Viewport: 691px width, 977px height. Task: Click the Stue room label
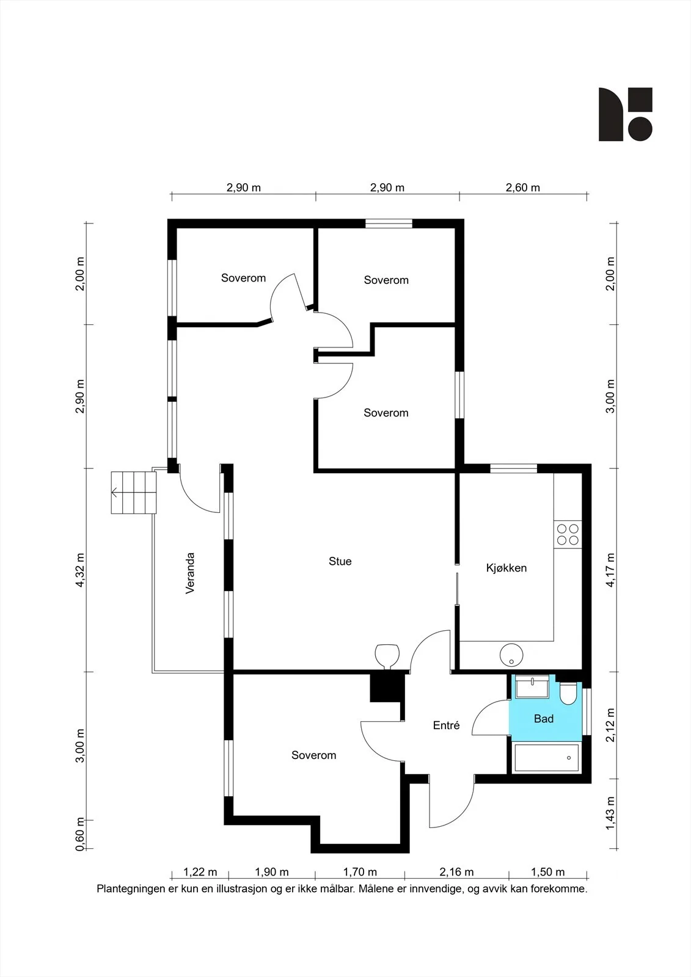pos(340,561)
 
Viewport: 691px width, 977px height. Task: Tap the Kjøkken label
pos(506,568)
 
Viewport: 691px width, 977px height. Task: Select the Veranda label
pos(190,573)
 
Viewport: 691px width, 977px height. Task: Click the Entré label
pos(446,725)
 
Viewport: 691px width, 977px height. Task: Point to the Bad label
pos(544,719)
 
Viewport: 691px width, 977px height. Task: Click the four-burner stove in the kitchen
pos(568,535)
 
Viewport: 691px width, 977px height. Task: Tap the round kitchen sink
pos(511,656)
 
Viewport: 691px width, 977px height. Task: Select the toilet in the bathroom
pos(568,694)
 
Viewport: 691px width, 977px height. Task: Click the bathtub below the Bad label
pos(547,758)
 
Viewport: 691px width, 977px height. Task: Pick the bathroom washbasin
pos(532,686)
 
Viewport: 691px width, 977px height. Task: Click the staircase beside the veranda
pos(134,492)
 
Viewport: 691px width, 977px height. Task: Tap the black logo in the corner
pos(625,114)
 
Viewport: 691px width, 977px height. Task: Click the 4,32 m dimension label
pos(80,570)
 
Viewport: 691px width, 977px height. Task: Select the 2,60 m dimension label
pos(522,187)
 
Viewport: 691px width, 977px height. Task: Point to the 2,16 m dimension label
pos(456,872)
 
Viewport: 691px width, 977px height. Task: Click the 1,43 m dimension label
pos(610,813)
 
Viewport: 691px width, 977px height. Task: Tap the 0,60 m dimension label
pos(80,834)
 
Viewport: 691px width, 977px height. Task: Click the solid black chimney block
pos(386,688)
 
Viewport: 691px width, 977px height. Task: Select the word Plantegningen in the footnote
pos(130,888)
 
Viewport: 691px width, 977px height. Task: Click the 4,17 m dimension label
pos(610,570)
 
